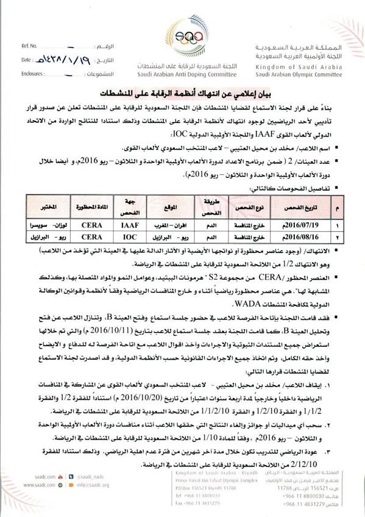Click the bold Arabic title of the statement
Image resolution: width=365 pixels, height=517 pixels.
point(182,92)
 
